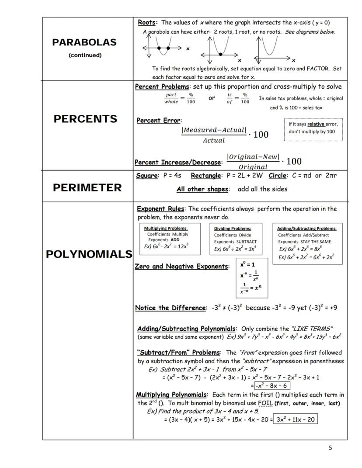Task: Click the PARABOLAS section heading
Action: point(84,42)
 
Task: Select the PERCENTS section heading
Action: point(85,119)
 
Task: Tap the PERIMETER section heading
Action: point(87,188)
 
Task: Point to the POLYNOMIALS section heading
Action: point(89,254)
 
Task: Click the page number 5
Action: point(330,447)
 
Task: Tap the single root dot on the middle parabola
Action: point(220,54)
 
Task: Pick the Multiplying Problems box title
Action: point(166,228)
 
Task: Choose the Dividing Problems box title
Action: point(233,229)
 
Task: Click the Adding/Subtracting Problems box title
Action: point(307,229)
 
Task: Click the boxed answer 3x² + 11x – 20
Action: point(295,419)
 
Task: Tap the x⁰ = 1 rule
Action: point(247,264)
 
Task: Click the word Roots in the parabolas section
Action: point(147,22)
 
